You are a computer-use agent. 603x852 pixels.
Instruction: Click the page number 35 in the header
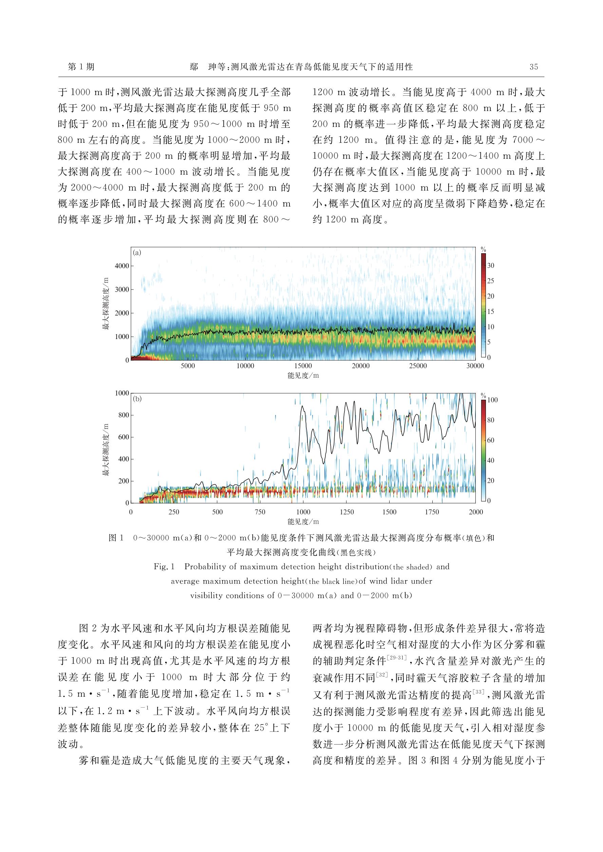tap(533, 67)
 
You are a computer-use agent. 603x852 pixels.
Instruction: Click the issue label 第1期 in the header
tap(81, 67)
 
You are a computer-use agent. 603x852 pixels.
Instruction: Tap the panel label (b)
tap(137, 399)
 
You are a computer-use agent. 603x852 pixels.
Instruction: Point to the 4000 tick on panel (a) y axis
tap(122, 266)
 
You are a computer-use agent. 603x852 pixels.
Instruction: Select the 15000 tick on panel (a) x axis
tap(303, 366)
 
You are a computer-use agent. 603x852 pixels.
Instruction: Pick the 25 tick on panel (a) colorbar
tap(490, 281)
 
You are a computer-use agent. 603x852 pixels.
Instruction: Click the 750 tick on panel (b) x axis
tap(260, 512)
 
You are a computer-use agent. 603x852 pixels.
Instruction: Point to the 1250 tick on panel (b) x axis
tap(346, 512)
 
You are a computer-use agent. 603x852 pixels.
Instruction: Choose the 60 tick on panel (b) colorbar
tap(490, 440)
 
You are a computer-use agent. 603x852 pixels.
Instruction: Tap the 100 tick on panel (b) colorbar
tap(492, 400)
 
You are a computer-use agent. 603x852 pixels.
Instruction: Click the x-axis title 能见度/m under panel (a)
tap(303, 376)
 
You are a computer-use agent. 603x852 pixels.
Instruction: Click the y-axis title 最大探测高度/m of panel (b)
tap(106, 449)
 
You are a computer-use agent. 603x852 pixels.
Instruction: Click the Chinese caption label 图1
tap(115, 538)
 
